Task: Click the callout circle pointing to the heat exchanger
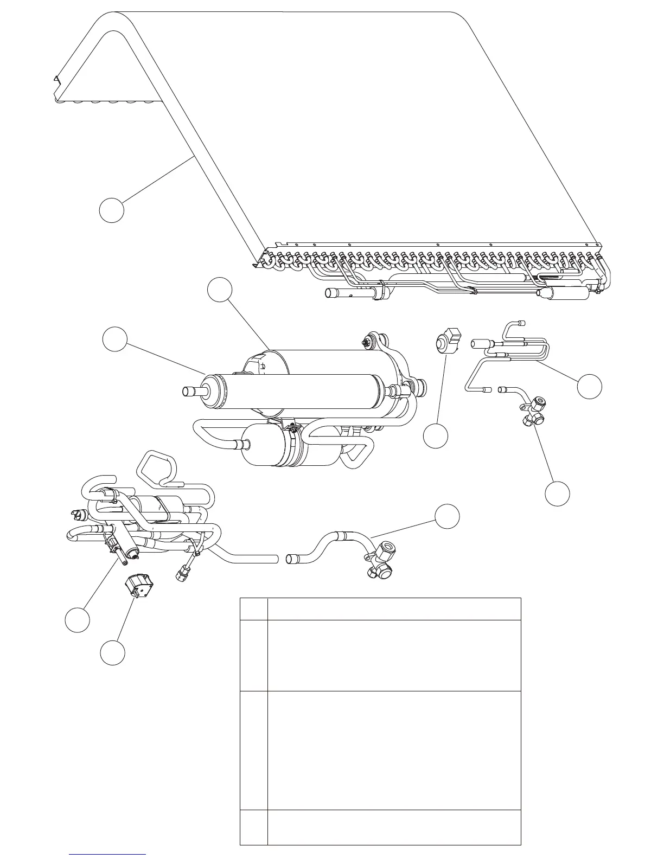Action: pyautogui.click(x=111, y=210)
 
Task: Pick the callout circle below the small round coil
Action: pyautogui.click(x=436, y=436)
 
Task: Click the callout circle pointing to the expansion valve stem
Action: pyautogui.click(x=77, y=620)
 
